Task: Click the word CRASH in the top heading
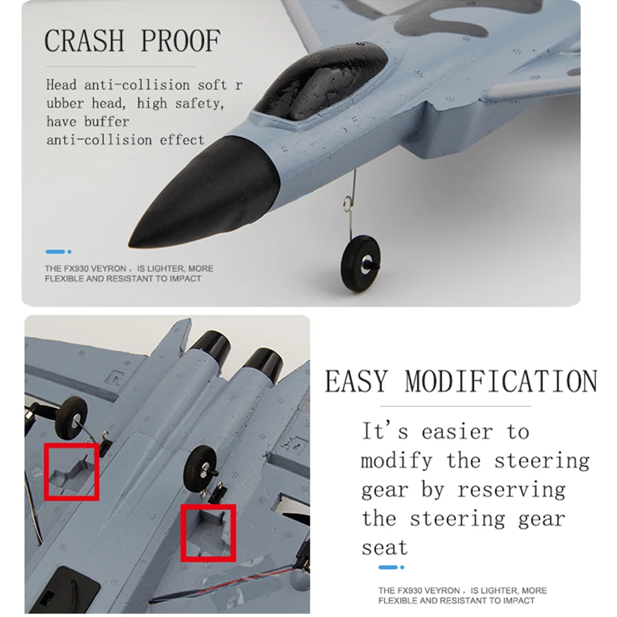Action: tap(84, 40)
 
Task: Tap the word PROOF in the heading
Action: tap(181, 40)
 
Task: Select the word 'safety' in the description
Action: tap(200, 104)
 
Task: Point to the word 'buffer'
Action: tap(107, 121)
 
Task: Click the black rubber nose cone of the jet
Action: tap(205, 195)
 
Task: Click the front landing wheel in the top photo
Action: tap(360, 263)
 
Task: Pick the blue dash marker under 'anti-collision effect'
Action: tap(55, 251)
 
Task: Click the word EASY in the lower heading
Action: tap(356, 381)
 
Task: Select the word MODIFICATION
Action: tap(501, 381)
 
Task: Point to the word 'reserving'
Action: tap(512, 490)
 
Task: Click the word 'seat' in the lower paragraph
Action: tap(385, 548)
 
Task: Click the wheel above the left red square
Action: tap(72, 418)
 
